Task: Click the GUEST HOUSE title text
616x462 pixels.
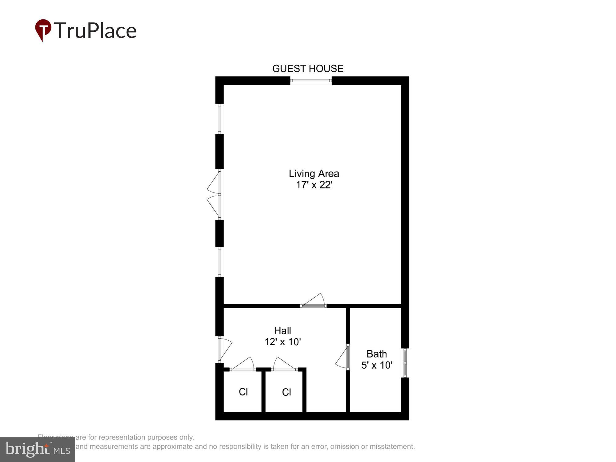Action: [308, 68]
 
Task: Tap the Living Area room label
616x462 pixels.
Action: [314, 174]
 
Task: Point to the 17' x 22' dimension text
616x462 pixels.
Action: [314, 185]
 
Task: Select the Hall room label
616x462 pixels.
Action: [282, 330]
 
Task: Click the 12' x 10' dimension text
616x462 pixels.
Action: [282, 342]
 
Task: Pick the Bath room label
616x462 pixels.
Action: [376, 354]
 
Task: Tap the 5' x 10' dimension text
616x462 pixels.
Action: [376, 365]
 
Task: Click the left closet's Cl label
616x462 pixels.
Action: [243, 392]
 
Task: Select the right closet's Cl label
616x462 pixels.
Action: [286, 392]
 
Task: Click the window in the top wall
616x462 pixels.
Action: [311, 81]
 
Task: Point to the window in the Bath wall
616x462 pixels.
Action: [405, 363]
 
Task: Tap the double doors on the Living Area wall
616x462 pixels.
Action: [216, 195]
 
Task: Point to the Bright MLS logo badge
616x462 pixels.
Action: [38, 450]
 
